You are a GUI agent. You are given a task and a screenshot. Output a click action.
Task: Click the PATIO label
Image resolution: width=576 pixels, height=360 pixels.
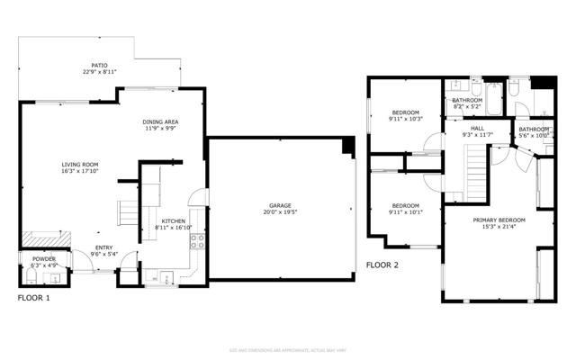tap(99, 66)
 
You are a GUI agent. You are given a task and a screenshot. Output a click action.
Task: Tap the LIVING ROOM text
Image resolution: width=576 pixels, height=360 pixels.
tap(80, 164)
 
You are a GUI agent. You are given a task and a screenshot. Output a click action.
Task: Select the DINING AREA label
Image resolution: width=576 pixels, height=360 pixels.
tap(160, 121)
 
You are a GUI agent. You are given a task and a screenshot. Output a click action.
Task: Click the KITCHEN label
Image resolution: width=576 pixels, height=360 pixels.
tap(173, 221)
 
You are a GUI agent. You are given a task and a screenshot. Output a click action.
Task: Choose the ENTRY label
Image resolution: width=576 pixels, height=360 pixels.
tap(104, 248)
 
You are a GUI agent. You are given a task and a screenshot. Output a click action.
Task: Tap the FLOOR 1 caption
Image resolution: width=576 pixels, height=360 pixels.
tap(35, 296)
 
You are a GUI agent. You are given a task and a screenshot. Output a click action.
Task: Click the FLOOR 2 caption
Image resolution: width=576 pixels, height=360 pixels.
tap(384, 265)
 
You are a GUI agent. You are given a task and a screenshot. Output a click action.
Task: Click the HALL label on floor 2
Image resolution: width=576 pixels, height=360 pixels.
tap(479, 129)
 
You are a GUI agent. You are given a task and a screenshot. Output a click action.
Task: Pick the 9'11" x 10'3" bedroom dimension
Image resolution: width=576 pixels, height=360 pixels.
tap(405, 119)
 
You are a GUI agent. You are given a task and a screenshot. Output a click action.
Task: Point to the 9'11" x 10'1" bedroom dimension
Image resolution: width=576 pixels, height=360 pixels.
tap(405, 212)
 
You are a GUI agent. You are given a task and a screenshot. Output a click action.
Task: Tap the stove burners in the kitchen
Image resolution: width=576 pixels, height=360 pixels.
tap(197, 242)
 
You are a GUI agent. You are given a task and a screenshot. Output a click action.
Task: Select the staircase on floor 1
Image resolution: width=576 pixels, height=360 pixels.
tap(130, 214)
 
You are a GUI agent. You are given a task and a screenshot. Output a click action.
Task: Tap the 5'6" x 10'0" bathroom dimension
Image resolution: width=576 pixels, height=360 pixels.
tap(534, 136)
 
